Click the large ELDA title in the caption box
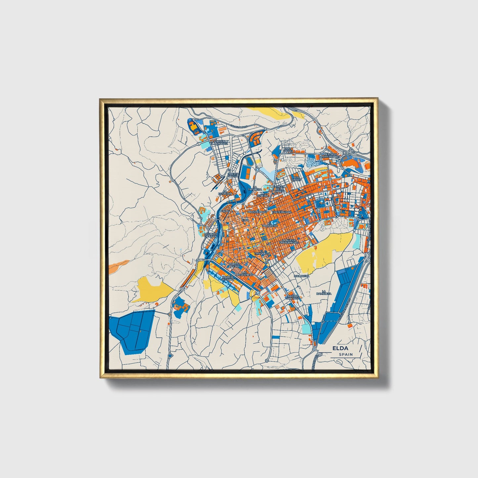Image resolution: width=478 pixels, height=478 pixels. click(x=340, y=348)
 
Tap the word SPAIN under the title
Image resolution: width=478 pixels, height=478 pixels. click(x=345, y=354)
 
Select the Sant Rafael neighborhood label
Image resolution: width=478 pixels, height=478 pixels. click(x=288, y=151)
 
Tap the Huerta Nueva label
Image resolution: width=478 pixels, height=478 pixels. click(x=233, y=175)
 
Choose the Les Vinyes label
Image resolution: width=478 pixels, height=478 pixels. click(x=297, y=178)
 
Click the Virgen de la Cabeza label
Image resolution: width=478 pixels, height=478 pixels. click(x=280, y=189)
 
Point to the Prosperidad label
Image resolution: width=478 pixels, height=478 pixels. click(x=257, y=212)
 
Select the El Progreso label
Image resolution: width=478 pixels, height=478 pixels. click(x=267, y=225)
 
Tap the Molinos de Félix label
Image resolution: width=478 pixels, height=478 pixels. click(x=210, y=235)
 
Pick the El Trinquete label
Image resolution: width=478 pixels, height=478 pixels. click(x=262, y=252)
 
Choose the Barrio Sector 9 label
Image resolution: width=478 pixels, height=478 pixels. click(x=228, y=278)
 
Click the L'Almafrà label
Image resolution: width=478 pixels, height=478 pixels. click(x=301, y=276)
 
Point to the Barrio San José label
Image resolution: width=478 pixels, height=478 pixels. click(x=293, y=297)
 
